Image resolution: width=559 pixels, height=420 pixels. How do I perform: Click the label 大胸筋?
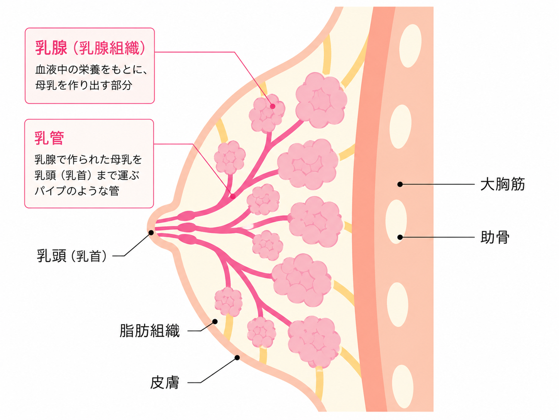(503, 184)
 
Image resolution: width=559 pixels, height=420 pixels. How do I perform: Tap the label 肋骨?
(495, 237)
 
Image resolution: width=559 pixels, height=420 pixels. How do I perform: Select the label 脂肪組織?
(150, 331)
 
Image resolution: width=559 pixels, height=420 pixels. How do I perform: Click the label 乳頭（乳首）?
(72, 256)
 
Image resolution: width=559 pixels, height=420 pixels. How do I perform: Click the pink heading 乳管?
(49, 138)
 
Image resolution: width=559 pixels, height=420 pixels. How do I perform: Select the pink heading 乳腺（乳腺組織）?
(90, 48)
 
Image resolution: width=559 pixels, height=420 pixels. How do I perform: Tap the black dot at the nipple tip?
(151, 232)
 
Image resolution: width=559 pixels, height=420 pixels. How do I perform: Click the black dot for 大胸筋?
(400, 184)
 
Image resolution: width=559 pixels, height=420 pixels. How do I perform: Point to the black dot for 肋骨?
(400, 237)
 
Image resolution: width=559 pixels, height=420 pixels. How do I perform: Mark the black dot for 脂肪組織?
(215, 321)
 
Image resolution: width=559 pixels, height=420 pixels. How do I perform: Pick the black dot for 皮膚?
(237, 357)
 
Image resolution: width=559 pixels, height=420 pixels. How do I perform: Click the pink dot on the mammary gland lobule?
(273, 106)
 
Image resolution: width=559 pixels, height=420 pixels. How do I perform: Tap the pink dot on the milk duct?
(233, 196)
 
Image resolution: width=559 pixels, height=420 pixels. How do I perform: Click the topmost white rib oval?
(410, 46)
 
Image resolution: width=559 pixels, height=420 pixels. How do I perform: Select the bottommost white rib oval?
(403, 387)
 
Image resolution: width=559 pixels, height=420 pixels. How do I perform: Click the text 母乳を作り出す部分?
(83, 85)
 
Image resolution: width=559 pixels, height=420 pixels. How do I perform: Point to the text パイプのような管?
(77, 191)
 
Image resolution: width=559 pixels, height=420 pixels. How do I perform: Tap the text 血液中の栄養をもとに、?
(91, 70)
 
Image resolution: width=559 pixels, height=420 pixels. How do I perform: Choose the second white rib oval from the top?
(400, 126)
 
